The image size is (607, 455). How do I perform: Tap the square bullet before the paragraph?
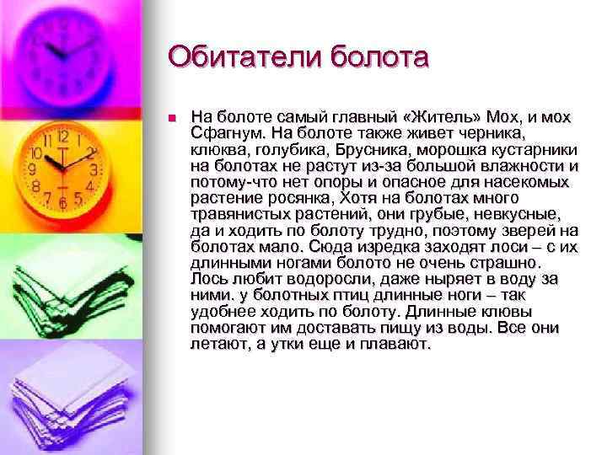(x=170, y=117)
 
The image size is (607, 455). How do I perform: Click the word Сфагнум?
(x=227, y=133)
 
